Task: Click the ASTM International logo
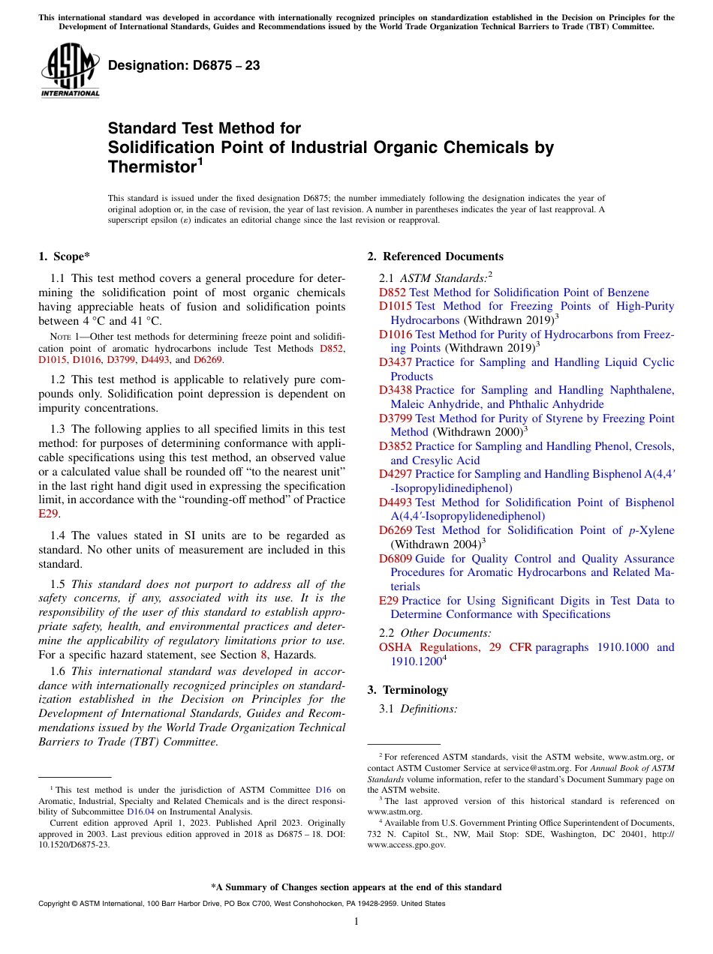[x=69, y=71]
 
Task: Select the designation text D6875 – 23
[x=184, y=66]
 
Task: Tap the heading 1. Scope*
[x=65, y=256]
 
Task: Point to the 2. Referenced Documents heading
[x=435, y=256]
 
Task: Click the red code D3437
[x=396, y=362]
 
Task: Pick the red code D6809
[x=396, y=559]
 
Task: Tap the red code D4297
[x=396, y=474]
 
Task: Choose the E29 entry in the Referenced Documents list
[x=389, y=601]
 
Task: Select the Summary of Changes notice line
[x=356, y=887]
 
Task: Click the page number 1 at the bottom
[x=356, y=922]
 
